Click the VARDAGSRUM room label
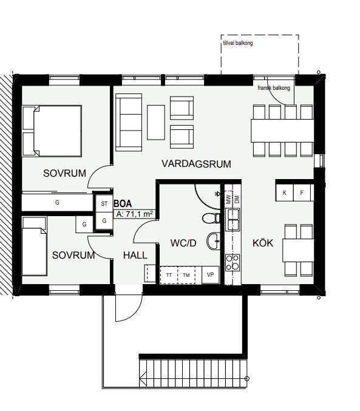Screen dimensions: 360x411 [196, 164]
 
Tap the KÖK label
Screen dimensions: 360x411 [263, 243]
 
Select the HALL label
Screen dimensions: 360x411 [135, 256]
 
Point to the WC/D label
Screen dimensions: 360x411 [183, 243]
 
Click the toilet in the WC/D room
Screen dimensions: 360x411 [211, 218]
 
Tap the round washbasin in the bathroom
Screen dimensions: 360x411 [214, 241]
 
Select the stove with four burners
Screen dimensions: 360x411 [233, 263]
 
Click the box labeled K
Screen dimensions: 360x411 [284, 192]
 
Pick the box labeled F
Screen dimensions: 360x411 [302, 192]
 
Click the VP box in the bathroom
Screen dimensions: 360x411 [210, 275]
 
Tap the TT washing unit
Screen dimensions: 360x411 [169, 275]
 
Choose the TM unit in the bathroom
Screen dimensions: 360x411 [186, 275]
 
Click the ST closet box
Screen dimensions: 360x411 [104, 203]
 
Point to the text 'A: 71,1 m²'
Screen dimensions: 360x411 [135, 214]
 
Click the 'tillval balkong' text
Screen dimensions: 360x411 [238, 43]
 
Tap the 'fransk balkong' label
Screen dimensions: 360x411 [274, 88]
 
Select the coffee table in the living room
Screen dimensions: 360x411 [156, 123]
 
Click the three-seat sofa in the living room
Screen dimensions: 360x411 [129, 123]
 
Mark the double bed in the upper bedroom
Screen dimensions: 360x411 [52, 131]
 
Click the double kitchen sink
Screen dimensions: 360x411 [233, 220]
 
